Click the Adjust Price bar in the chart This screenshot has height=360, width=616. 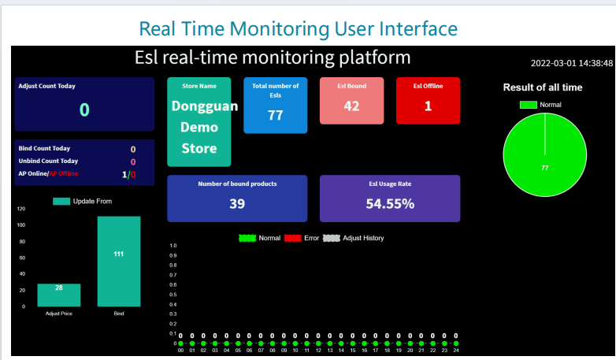(58, 295)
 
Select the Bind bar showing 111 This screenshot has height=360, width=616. (119, 261)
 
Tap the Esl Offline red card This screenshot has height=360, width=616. (428, 101)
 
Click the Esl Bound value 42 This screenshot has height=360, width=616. (351, 106)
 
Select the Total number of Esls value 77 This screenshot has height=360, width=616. (275, 115)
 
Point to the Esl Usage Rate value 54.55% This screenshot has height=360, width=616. (390, 204)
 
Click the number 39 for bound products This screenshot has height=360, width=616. (237, 204)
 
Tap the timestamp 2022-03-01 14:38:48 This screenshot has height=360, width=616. (571, 63)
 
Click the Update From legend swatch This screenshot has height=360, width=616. (61, 202)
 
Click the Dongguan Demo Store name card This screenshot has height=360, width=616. (199, 122)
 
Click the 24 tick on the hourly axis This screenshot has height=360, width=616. (456, 351)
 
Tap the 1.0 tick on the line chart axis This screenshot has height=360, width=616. (174, 246)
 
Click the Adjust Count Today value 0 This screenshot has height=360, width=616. (84, 110)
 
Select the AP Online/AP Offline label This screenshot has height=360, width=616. (48, 173)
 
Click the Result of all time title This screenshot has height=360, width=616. (543, 87)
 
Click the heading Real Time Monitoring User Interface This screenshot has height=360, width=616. (298, 29)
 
